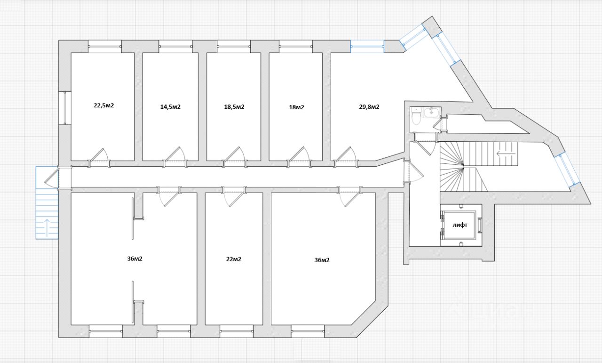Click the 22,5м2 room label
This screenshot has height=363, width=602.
pyautogui.click(x=104, y=105)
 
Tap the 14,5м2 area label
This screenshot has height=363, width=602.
pyautogui.click(x=170, y=107)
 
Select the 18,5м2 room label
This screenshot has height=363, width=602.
pyautogui.click(x=234, y=107)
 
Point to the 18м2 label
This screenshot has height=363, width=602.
pyautogui.click(x=296, y=107)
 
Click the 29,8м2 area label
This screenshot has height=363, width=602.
pyautogui.click(x=369, y=107)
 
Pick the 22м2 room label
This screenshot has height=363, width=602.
pyautogui.click(x=234, y=259)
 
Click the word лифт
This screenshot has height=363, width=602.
pyautogui.click(x=460, y=225)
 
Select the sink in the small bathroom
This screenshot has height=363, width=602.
pyautogui.click(x=431, y=113)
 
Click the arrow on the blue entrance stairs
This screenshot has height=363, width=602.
pyautogui.click(x=47, y=227)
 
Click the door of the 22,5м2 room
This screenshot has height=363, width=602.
pyautogui.click(x=99, y=157)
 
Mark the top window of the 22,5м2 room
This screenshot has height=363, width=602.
pyautogui.click(x=105, y=46)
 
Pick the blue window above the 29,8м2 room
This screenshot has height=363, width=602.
pyautogui.click(x=367, y=46)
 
